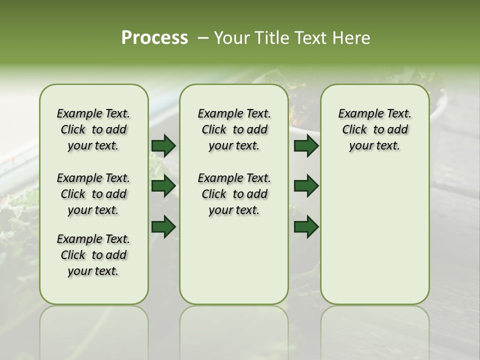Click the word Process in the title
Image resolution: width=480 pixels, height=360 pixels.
tap(154, 38)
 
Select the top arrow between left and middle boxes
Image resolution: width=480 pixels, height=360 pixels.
tap(163, 146)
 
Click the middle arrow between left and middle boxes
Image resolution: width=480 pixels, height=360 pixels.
tap(163, 186)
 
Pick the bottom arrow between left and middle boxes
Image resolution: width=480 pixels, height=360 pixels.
tap(163, 227)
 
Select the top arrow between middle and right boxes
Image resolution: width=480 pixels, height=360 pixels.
tap(306, 146)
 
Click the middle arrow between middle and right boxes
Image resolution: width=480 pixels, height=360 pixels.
tap(306, 186)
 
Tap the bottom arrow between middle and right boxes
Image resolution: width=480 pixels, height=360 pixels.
tap(306, 227)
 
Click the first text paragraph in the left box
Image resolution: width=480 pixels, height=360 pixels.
tap(93, 129)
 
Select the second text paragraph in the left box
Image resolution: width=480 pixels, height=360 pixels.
tap(93, 194)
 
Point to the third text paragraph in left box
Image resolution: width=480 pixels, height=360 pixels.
tap(93, 255)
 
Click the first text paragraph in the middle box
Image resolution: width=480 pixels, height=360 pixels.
tap(234, 129)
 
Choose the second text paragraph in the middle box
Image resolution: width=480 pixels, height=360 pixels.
tap(234, 194)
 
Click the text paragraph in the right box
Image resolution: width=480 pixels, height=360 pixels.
tap(374, 129)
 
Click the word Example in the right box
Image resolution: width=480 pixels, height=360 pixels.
tap(357, 114)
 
